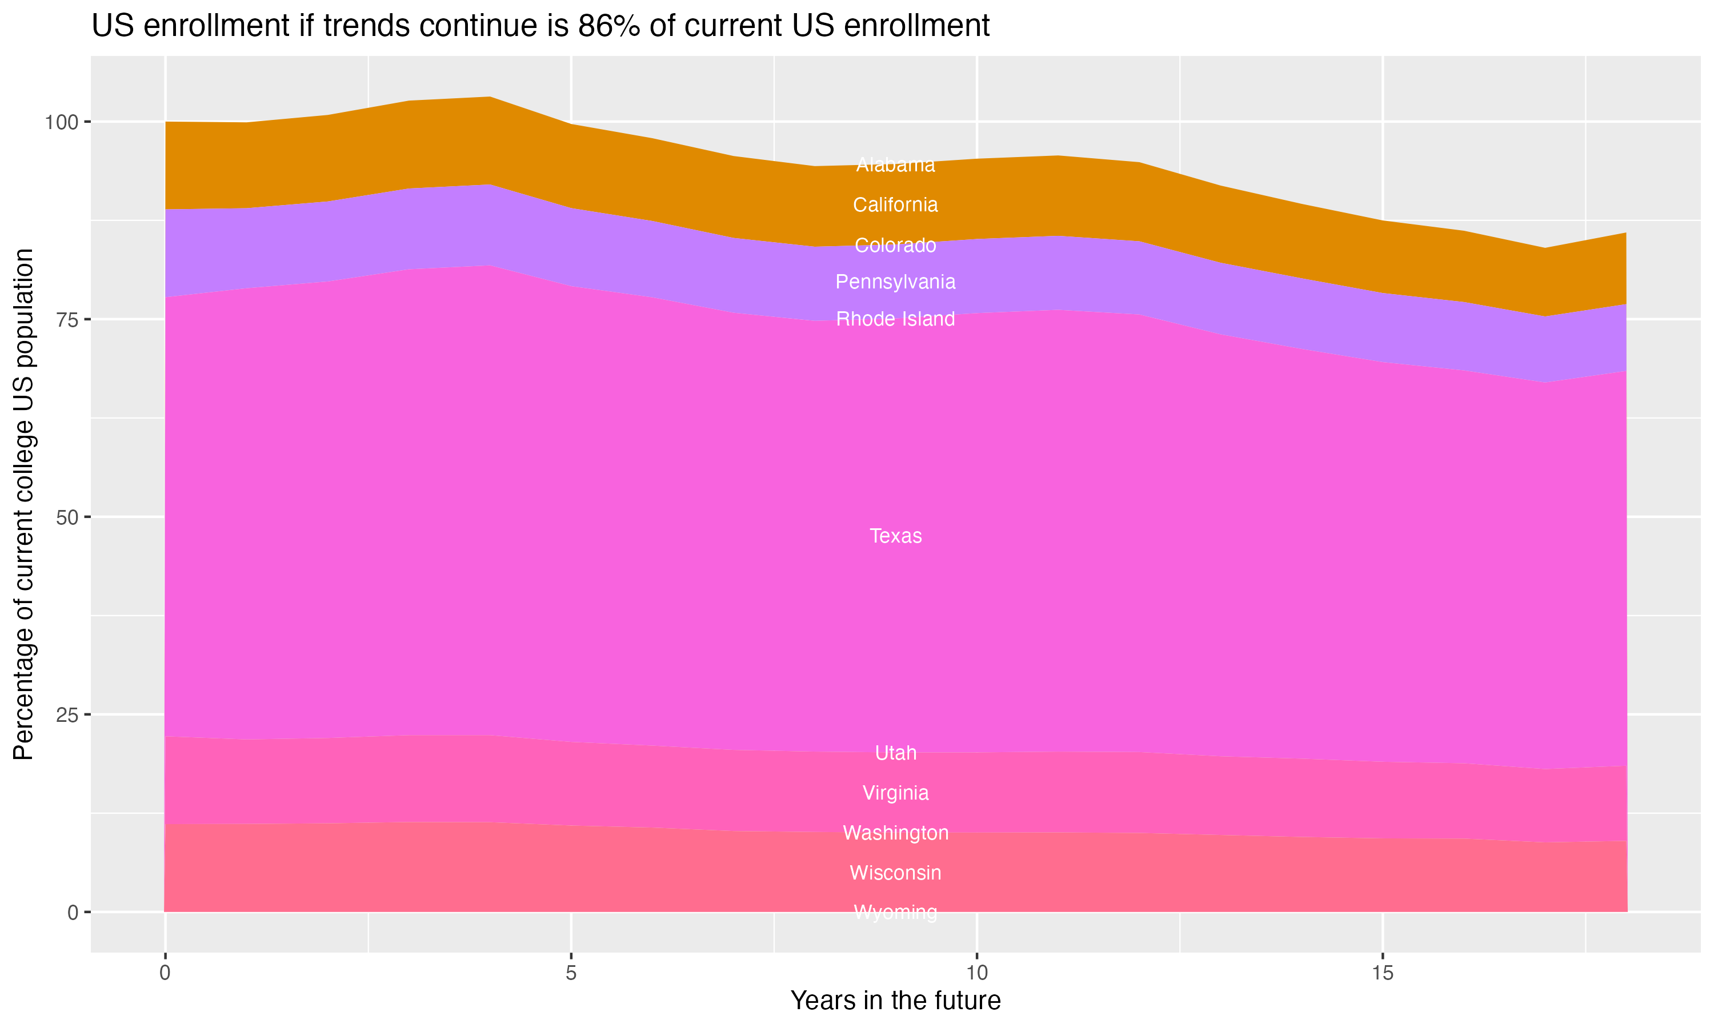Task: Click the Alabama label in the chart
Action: point(895,165)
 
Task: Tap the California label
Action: point(895,205)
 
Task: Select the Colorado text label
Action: point(895,245)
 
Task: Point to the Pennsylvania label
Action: point(895,282)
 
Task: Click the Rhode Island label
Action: point(895,319)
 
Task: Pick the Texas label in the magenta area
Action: point(895,536)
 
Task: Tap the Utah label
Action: point(895,753)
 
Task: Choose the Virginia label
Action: point(895,793)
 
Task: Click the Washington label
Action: point(895,833)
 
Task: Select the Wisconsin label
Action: point(895,873)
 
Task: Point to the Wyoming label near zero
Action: point(895,911)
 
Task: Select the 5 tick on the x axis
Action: point(571,973)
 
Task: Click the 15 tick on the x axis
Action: point(1382,973)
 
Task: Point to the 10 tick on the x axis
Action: point(976,973)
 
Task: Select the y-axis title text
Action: point(23,504)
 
